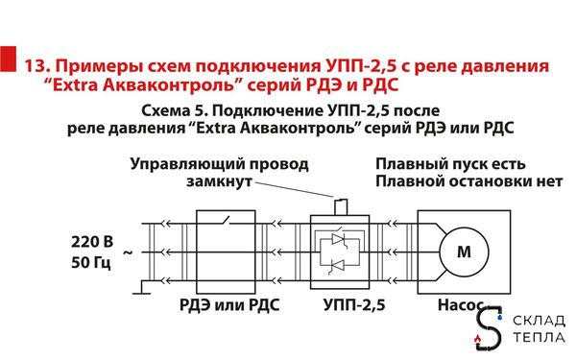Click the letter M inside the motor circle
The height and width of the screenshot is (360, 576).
coord(465,252)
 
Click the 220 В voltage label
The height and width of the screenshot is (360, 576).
coord(93,240)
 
